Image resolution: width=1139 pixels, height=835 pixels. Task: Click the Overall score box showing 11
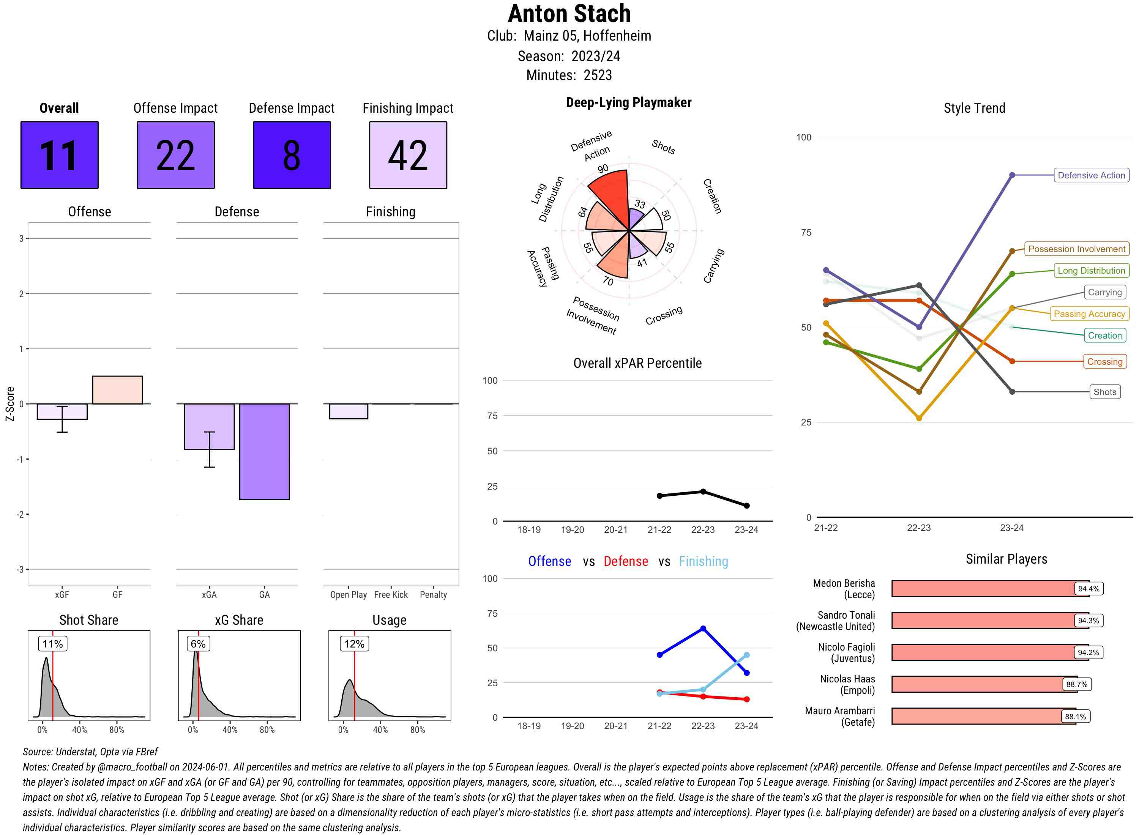point(59,155)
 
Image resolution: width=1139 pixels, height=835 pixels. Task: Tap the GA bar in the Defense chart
point(264,451)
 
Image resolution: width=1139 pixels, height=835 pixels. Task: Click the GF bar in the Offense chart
point(117,390)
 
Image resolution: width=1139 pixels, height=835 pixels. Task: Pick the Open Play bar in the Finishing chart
point(348,411)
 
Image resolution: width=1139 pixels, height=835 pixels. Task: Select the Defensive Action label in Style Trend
point(1091,175)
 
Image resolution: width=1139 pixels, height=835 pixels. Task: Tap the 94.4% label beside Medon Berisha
point(1088,588)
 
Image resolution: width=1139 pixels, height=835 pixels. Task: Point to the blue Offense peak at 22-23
point(703,628)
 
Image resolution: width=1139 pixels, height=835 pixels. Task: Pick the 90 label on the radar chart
point(603,169)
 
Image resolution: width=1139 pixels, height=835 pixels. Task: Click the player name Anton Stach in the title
point(569,14)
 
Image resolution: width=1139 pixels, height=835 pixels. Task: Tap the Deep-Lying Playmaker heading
point(628,102)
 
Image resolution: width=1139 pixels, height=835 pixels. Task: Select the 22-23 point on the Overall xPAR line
point(703,491)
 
